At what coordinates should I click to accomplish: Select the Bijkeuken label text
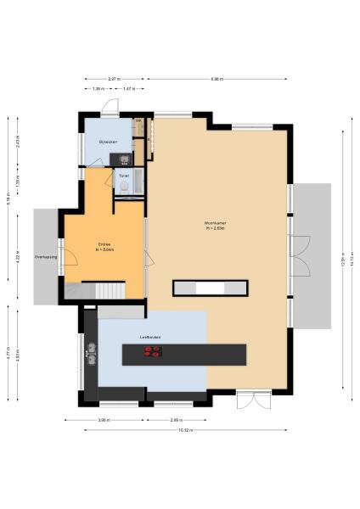point(107,141)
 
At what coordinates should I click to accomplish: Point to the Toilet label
point(124,176)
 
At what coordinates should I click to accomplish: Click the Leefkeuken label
point(151,338)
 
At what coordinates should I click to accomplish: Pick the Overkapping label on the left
point(45,255)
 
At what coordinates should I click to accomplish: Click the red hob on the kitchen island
point(154,354)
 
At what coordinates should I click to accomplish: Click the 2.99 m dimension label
point(176,420)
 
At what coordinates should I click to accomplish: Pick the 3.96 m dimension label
point(104,420)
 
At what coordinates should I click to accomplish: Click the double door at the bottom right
point(253,399)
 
